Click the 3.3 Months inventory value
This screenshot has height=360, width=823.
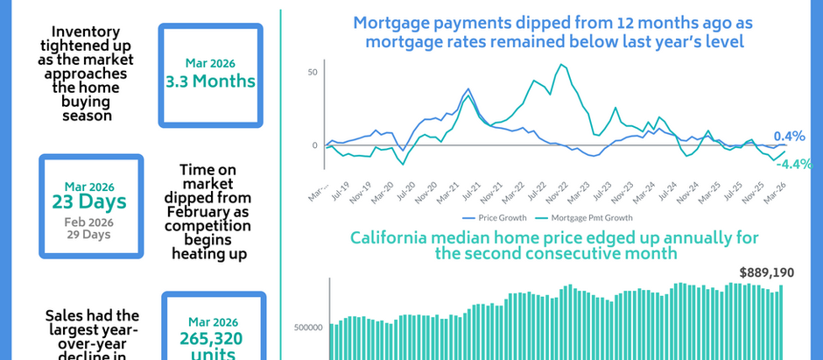pyautogui.click(x=211, y=81)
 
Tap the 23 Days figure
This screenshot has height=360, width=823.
pyautogui.click(x=90, y=201)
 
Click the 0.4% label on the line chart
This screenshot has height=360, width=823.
pyautogui.click(x=789, y=137)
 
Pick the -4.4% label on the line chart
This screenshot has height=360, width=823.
pyautogui.click(x=795, y=164)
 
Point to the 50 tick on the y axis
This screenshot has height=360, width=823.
pyautogui.click(x=313, y=72)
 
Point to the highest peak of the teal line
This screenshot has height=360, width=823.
pyautogui.click(x=561, y=65)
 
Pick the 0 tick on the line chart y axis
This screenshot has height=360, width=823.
pyautogui.click(x=315, y=145)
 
